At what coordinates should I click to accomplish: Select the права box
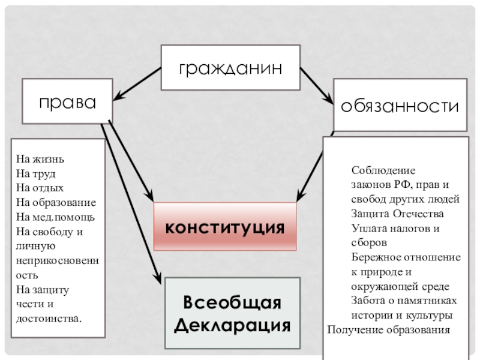(68, 101)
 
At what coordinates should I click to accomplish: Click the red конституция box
(225, 227)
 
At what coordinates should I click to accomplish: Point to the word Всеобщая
(232, 302)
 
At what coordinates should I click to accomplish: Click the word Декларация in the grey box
(232, 325)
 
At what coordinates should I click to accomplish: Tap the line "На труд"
(36, 174)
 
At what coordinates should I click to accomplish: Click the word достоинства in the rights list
(49, 317)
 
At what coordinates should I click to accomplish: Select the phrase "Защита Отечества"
(397, 214)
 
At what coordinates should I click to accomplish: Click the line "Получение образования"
(388, 329)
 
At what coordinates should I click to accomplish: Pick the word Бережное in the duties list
(374, 257)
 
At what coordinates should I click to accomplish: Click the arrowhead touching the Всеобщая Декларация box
(159, 279)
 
